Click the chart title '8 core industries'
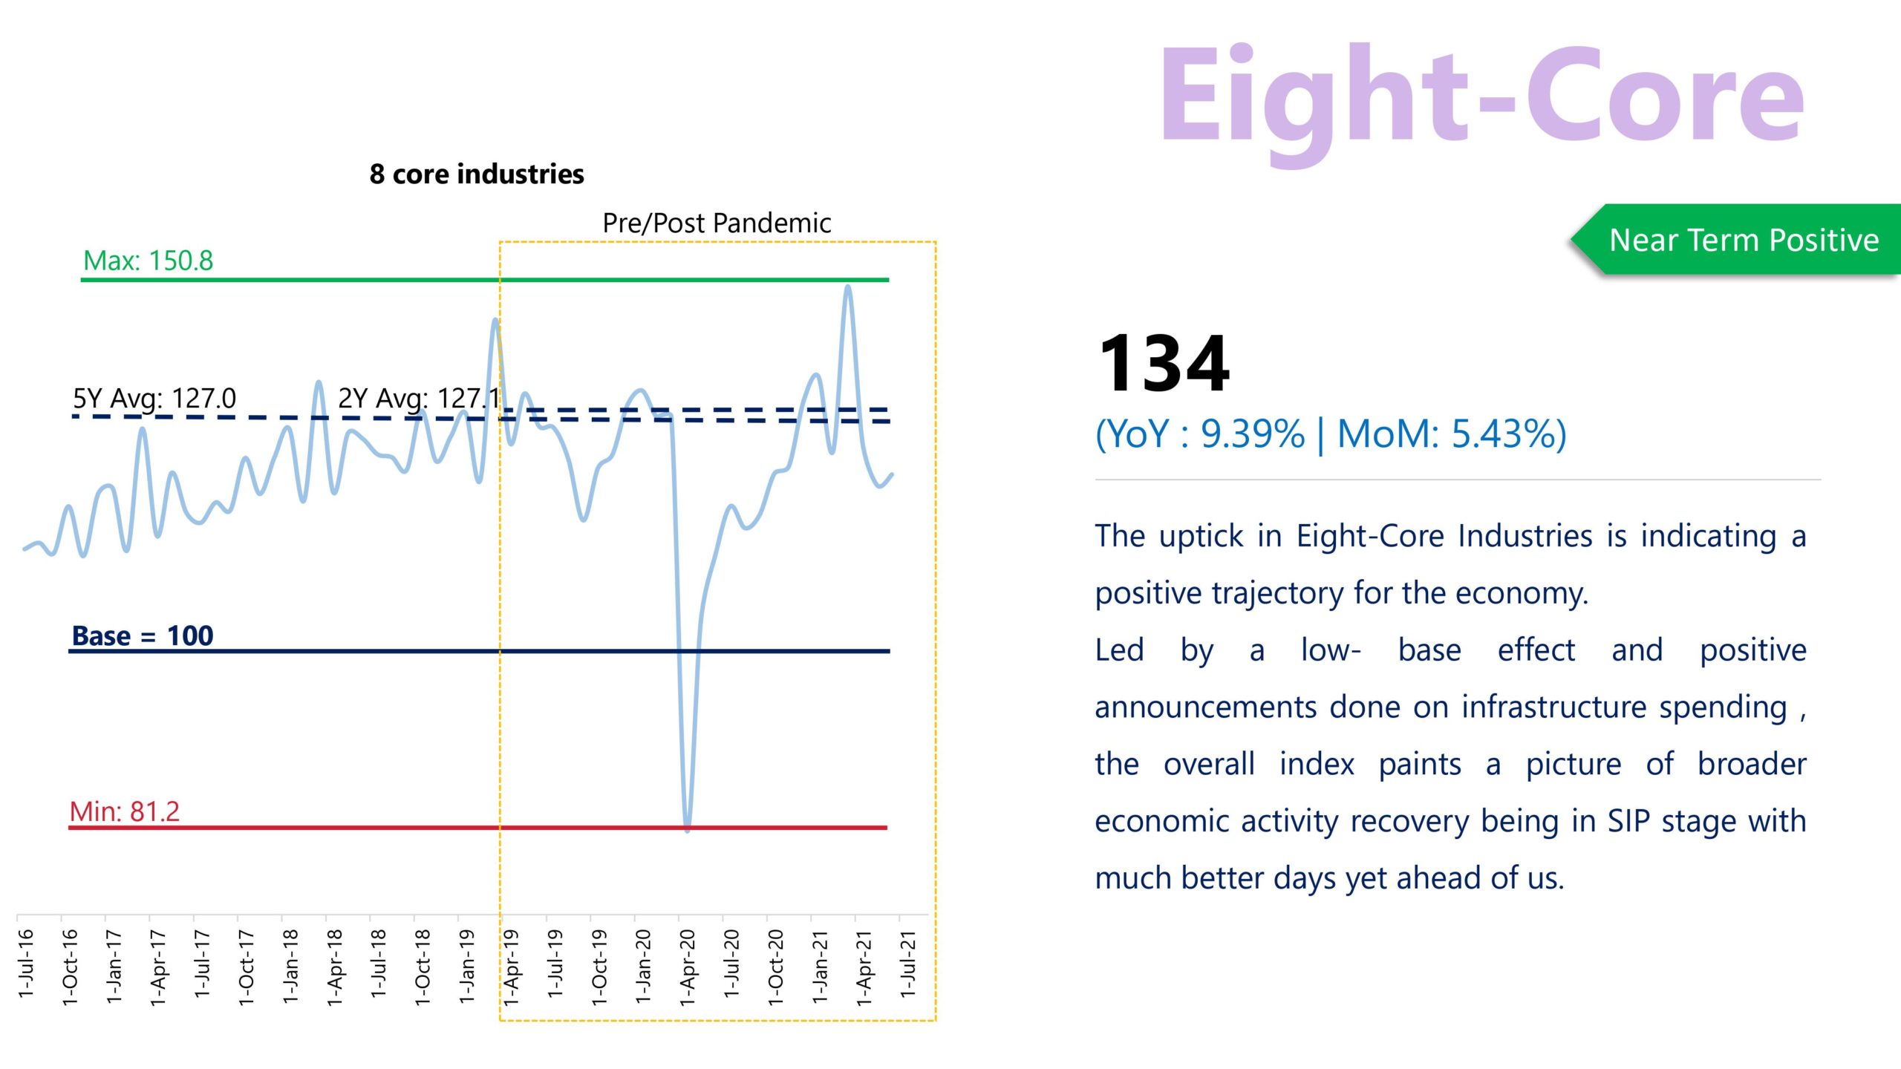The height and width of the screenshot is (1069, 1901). [x=477, y=174]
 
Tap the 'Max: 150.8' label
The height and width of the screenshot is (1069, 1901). [x=148, y=261]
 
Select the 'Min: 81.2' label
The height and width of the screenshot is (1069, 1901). [x=125, y=811]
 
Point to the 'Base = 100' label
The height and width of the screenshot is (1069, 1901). [x=143, y=635]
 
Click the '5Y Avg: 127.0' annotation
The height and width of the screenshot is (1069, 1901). [x=154, y=399]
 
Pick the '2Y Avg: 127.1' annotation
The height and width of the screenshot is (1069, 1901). [x=420, y=399]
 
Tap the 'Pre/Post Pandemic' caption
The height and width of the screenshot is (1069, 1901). [x=717, y=223]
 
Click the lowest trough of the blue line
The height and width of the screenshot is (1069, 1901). [x=688, y=828]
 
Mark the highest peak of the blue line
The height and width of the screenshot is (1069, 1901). [x=848, y=287]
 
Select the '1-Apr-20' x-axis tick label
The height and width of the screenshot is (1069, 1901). [x=688, y=967]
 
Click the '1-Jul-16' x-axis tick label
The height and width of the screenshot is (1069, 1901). [x=26, y=964]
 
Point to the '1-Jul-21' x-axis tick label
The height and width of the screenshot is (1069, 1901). [x=908, y=964]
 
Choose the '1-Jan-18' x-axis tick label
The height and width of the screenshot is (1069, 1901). [x=290, y=966]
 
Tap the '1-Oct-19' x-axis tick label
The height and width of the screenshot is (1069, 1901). [x=599, y=967]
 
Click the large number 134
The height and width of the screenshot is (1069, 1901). [x=1164, y=364]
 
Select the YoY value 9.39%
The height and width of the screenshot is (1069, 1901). [x=1253, y=434]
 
